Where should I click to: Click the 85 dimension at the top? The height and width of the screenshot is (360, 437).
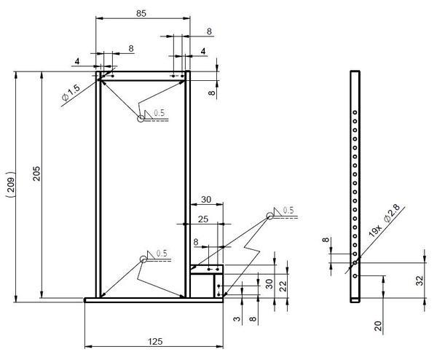(x=141, y=13)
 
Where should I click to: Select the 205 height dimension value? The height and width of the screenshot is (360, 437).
(x=37, y=173)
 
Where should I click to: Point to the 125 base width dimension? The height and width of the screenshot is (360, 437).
(x=155, y=341)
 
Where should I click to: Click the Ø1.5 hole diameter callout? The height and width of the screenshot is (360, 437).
(x=71, y=93)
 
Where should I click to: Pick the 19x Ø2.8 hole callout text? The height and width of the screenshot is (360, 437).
(x=385, y=221)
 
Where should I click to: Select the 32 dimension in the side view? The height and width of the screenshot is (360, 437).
(x=420, y=280)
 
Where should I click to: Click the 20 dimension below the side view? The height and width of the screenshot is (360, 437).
(x=378, y=326)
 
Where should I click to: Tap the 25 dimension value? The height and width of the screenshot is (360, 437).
(x=203, y=219)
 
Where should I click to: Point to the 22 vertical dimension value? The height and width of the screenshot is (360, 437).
(x=283, y=286)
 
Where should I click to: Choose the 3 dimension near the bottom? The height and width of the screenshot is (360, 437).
(x=237, y=318)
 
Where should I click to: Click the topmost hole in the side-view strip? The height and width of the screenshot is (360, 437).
(x=355, y=112)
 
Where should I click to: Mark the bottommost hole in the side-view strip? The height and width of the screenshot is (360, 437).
(x=355, y=275)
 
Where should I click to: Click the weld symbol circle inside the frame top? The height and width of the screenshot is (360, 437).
(x=141, y=119)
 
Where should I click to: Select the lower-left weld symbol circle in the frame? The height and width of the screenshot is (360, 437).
(x=143, y=259)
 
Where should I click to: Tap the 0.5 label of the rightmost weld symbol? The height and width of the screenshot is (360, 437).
(x=288, y=210)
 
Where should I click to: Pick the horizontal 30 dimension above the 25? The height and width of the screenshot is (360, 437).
(x=206, y=200)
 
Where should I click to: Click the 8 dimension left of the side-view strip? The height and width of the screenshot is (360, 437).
(x=326, y=240)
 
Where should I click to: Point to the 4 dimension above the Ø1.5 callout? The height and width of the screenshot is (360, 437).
(x=77, y=61)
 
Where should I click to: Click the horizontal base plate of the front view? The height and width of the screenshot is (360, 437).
(x=154, y=300)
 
